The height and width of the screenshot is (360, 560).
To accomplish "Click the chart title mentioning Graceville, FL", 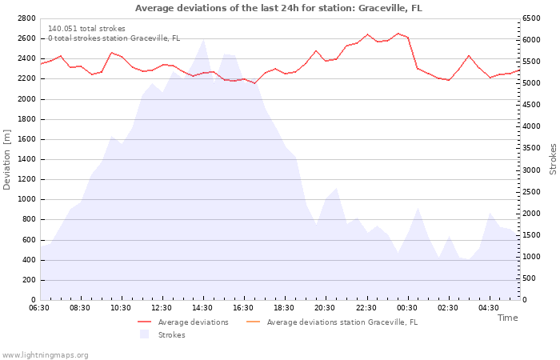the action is coord(278,8).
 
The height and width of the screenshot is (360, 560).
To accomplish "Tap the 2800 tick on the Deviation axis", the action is coord(26,18).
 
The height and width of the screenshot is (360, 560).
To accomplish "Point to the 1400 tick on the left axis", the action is coord(26,159).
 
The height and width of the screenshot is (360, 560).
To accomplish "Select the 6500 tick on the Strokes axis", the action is coord(531,18).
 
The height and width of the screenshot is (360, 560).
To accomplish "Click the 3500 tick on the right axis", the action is coord(531,148).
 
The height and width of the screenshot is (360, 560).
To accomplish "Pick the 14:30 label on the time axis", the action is coord(202,308).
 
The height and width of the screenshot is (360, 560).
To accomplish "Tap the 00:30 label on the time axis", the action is coord(406,308).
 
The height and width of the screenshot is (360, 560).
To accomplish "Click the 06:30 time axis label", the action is coord(39,308).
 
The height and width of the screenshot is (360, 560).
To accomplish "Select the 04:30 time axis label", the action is coord(489,308).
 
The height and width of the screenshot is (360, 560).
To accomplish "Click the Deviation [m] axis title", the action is coord(6,160).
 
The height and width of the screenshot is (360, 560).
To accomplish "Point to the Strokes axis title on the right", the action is coord(553,159).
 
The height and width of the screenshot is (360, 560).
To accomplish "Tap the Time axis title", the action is coord(507,318).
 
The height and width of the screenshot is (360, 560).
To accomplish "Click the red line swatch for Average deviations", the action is coord(145,322).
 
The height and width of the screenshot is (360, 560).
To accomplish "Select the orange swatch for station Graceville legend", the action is coord(254,322).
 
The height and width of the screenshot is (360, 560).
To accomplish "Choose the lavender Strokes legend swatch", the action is coord(144,334).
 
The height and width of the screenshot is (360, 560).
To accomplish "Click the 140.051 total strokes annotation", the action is coord(86,29).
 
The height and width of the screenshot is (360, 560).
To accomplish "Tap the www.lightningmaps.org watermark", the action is coord(44,355).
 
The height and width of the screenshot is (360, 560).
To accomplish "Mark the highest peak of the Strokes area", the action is coord(203,39).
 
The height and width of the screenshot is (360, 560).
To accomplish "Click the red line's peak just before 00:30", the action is coord(398,34).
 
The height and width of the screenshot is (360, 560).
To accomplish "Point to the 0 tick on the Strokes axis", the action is coord(525,300).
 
